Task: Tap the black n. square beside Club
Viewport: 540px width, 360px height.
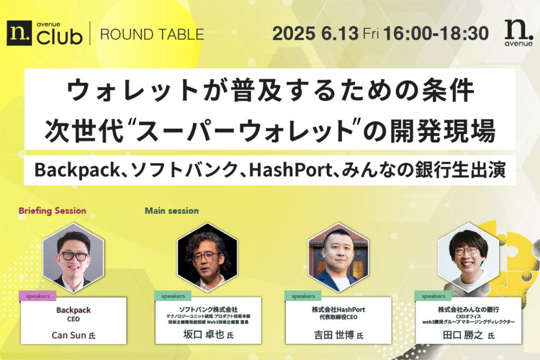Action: pyautogui.click(x=19, y=33)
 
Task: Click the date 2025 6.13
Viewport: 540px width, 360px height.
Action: pyautogui.click(x=315, y=34)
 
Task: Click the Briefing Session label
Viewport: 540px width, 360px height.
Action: pyautogui.click(x=52, y=211)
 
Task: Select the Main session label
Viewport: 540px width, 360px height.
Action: pyautogui.click(x=172, y=211)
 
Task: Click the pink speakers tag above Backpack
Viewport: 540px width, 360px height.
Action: pyautogui.click(x=38, y=296)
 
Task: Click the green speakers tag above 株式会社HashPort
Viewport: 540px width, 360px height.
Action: pyautogui.click(x=303, y=296)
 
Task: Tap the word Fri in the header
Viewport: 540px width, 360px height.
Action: pyautogui.click(x=371, y=34)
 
